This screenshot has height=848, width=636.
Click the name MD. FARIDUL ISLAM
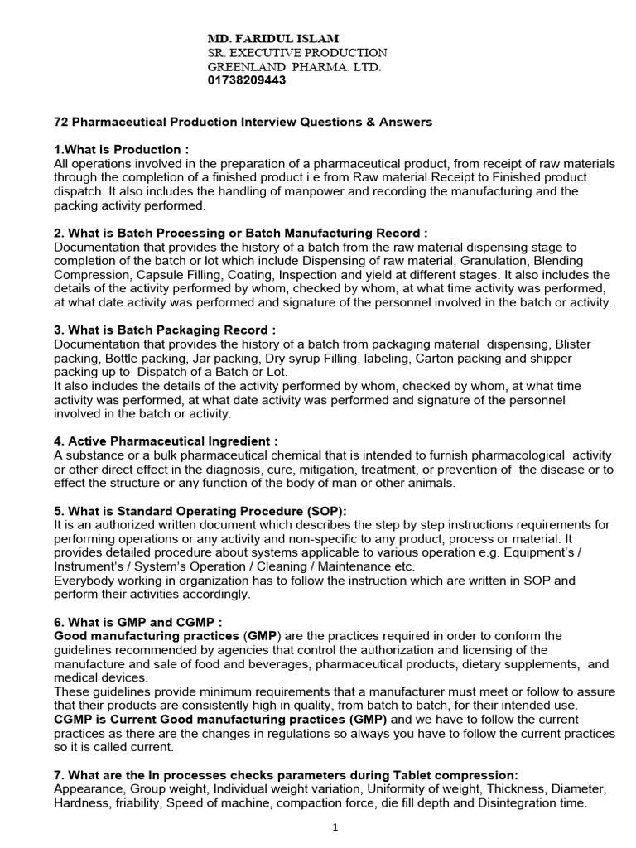pyautogui.click(x=272, y=38)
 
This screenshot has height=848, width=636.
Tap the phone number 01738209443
pyautogui.click(x=246, y=80)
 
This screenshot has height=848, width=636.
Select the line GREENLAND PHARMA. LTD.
pyautogui.click(x=294, y=66)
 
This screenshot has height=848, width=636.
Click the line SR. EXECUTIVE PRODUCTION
pyautogui.click(x=296, y=52)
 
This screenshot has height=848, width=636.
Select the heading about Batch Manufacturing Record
pyautogui.click(x=240, y=234)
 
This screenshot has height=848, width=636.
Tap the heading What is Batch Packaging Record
pyautogui.click(x=164, y=330)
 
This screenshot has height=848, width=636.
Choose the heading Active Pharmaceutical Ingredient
pyautogui.click(x=166, y=441)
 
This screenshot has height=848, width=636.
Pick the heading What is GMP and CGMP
pyautogui.click(x=137, y=621)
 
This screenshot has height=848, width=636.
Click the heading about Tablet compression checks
pyautogui.click(x=286, y=774)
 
